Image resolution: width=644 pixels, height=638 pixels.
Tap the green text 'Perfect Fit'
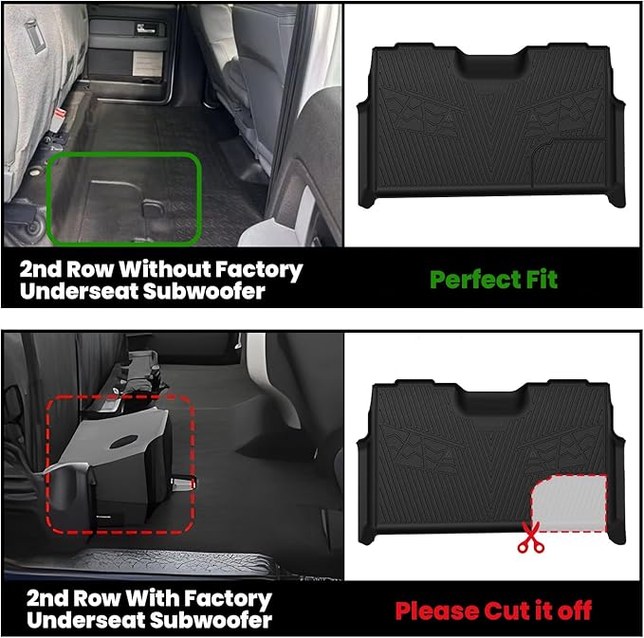click(x=493, y=279)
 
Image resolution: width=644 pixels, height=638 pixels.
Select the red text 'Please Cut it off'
click(x=493, y=610)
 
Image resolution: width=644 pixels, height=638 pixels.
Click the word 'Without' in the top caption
click(x=161, y=269)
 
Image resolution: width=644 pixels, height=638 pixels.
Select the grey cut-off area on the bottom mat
click(x=567, y=501)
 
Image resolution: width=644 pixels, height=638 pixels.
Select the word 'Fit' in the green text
click(x=538, y=279)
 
